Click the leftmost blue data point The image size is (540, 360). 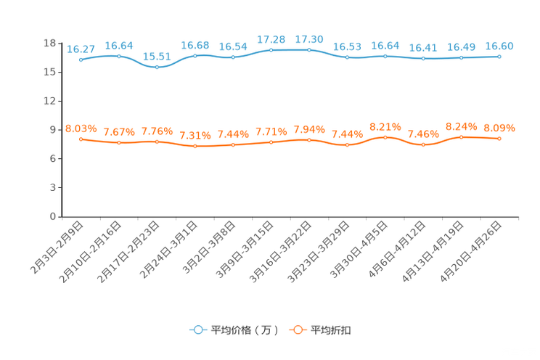[x=81, y=60]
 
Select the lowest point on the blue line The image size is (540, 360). [x=157, y=67]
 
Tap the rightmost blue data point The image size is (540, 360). [x=499, y=56]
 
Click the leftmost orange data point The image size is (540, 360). [x=81, y=139]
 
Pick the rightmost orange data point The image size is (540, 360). [x=499, y=139]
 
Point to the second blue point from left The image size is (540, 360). [x=119, y=56]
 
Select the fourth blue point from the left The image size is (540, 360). [x=195, y=56]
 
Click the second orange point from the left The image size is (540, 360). [x=119, y=143]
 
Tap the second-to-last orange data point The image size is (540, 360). [x=461, y=136]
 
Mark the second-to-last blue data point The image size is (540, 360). [x=461, y=58]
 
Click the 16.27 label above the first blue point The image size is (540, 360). [x=81, y=49]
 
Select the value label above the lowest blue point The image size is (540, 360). [x=157, y=56]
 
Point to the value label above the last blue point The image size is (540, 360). [x=499, y=46]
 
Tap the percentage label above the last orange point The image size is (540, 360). [x=499, y=128]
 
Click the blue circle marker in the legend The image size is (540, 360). [x=197, y=330]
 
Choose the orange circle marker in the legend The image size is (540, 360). [x=298, y=330]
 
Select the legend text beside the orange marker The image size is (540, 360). [x=331, y=330]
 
